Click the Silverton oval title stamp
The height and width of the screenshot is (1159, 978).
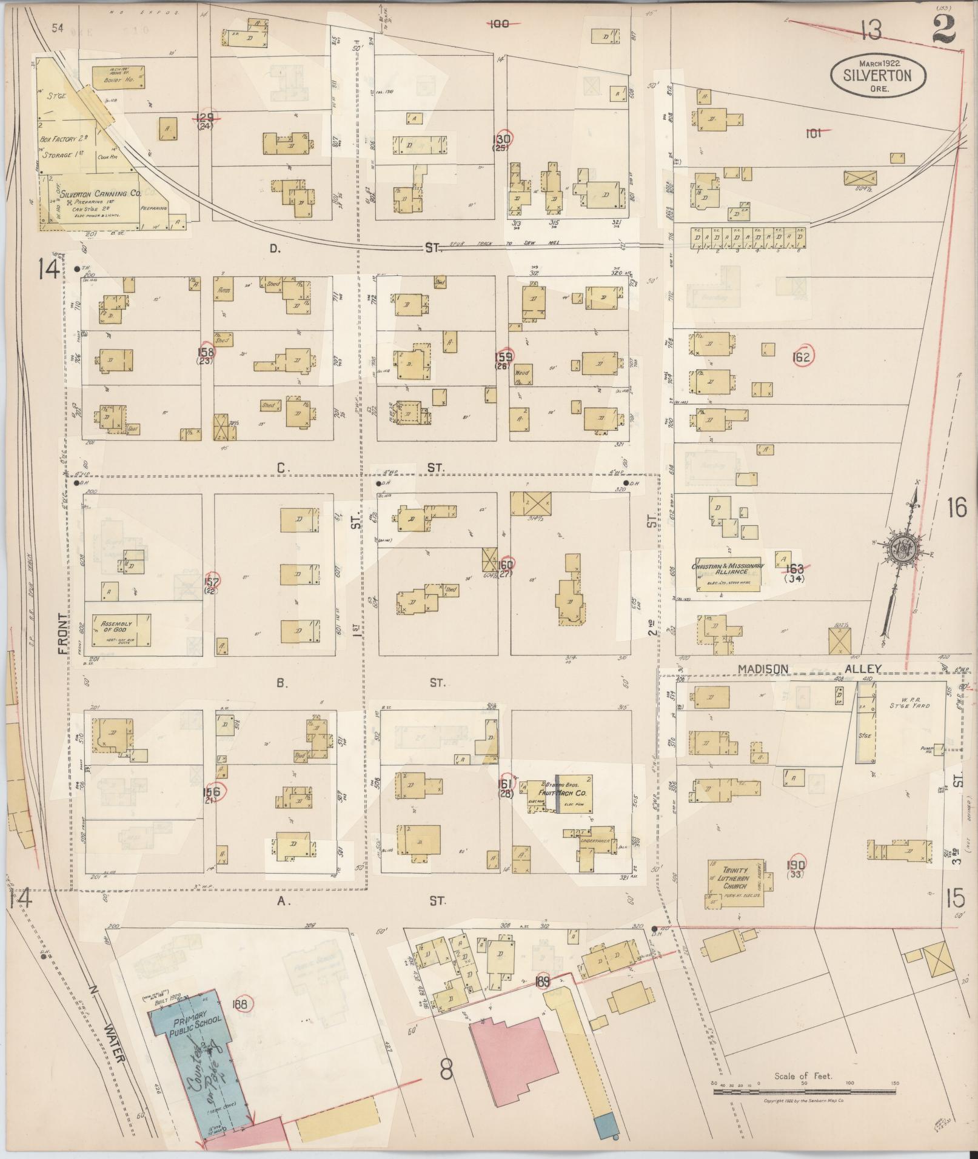878,75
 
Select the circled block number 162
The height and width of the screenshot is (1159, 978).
801,357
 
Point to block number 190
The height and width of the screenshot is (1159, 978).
795,865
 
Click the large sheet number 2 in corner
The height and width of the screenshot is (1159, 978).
943,28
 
